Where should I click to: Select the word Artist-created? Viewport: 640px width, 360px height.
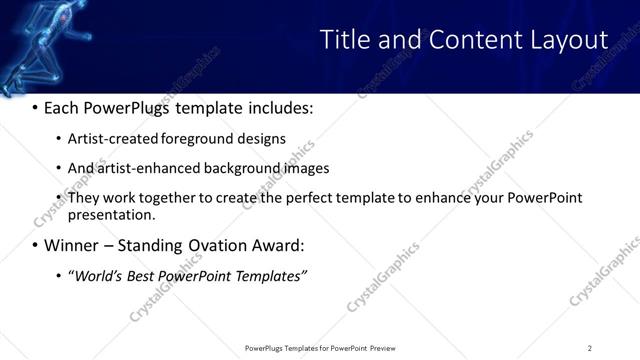click(x=114, y=139)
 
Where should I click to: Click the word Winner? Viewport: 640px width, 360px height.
click(x=72, y=245)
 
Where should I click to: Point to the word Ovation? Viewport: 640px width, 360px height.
click(x=211, y=245)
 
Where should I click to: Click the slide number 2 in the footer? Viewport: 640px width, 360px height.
click(x=590, y=348)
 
